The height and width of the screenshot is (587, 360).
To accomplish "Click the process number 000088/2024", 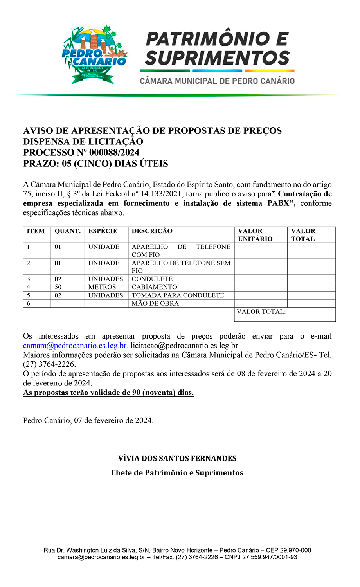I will tap(114, 153).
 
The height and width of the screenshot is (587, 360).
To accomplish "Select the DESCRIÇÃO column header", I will tap(152, 231).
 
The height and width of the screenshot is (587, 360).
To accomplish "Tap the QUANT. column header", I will tap(67, 231).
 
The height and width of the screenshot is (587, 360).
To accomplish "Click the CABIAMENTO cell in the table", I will tap(154, 287).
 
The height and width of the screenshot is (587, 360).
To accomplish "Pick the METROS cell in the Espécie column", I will tap(102, 287).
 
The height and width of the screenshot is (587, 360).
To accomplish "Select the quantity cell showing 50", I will tap(58, 287).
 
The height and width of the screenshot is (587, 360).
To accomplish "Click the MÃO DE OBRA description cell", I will tap(155, 304).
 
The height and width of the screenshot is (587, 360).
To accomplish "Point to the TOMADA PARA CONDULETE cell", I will tap(178, 295).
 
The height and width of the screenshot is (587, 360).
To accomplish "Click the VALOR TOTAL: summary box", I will tap(284, 314).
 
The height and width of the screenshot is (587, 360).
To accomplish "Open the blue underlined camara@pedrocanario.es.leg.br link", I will tap(75, 346).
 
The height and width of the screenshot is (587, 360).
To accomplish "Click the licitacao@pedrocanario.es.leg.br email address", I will tap(184, 346).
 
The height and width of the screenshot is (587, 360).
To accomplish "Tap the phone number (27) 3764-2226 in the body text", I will tap(49, 364).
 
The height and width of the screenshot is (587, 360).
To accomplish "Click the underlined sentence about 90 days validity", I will tap(108, 393).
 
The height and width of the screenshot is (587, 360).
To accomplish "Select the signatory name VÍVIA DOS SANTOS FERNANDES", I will tap(177, 458).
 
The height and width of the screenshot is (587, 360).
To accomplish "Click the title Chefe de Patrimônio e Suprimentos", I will tap(177, 473).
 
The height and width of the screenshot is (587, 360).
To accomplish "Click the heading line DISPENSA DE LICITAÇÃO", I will tap(83, 142).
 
